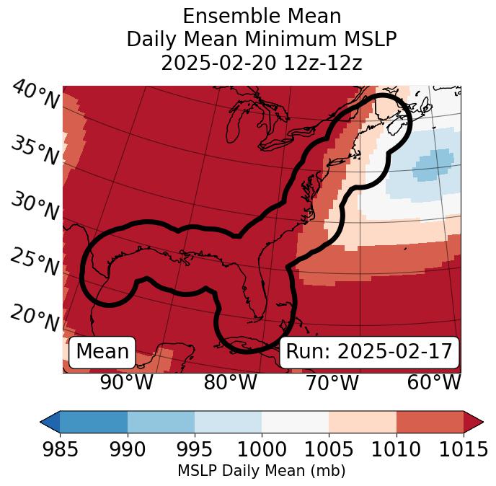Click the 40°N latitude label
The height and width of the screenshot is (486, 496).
35,95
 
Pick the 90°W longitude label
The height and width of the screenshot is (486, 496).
126,383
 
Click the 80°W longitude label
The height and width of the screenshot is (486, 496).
230,383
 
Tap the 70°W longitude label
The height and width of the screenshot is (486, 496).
332,383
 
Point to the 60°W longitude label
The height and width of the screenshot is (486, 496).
434,383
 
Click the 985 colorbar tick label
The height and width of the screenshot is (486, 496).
60,449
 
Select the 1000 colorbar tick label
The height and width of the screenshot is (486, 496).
262,449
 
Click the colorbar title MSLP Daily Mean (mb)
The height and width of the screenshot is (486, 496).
261,471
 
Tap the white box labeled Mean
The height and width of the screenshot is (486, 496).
102,352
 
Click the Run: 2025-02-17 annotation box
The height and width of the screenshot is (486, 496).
369,352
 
